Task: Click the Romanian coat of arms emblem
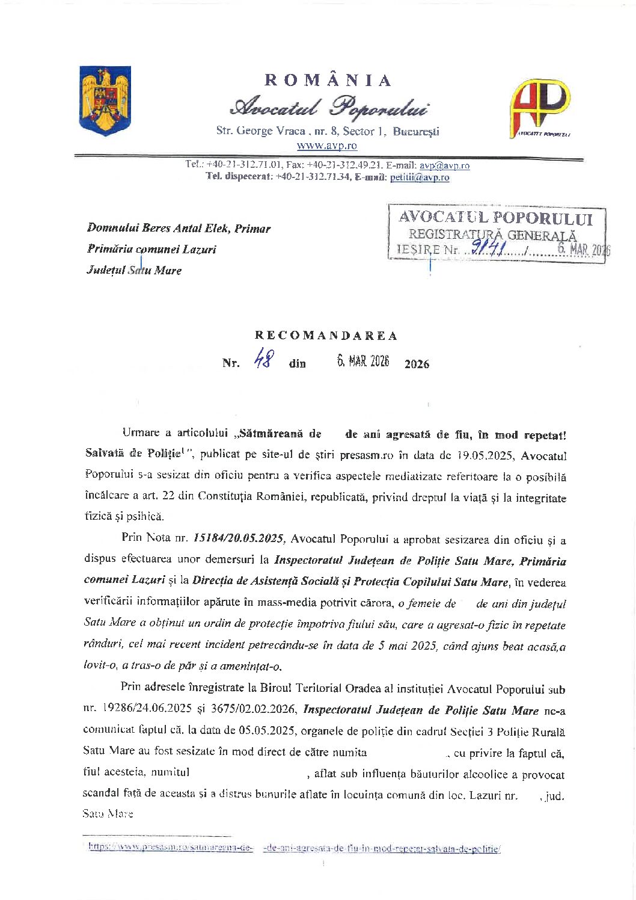pos(105,100)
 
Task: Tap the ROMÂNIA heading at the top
pos(328,81)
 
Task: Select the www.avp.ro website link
pos(327,146)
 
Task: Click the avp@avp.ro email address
pos(444,165)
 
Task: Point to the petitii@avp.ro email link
pos(420,177)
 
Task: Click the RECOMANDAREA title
pos(326,336)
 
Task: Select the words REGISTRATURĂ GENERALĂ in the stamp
pos(492,235)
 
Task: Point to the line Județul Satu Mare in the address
pos(134,270)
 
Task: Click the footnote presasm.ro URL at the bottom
pos(295,848)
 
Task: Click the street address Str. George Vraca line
pos(328,131)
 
